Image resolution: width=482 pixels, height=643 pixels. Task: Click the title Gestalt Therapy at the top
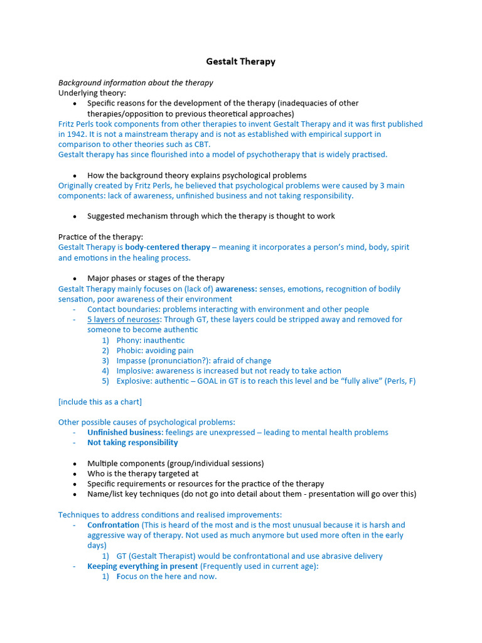click(x=241, y=62)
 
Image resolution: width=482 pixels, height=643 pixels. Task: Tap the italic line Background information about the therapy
click(x=136, y=83)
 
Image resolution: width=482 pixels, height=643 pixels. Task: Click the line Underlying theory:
click(x=92, y=93)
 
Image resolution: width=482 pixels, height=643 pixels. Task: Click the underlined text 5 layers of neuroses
click(x=124, y=320)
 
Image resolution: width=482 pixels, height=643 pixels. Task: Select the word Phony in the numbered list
click(x=129, y=340)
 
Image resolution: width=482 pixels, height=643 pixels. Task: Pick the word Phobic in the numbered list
click(x=129, y=350)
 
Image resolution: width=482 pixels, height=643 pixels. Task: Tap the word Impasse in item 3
click(x=132, y=361)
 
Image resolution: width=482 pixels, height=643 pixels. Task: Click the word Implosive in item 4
click(x=134, y=371)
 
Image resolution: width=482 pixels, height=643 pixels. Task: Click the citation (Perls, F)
click(x=395, y=381)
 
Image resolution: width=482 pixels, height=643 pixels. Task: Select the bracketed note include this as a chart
click(x=100, y=402)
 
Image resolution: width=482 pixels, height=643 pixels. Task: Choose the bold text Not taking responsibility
click(x=132, y=443)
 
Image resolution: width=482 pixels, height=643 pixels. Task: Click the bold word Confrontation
click(x=113, y=525)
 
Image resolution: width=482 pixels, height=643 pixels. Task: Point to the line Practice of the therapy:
click(x=100, y=237)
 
